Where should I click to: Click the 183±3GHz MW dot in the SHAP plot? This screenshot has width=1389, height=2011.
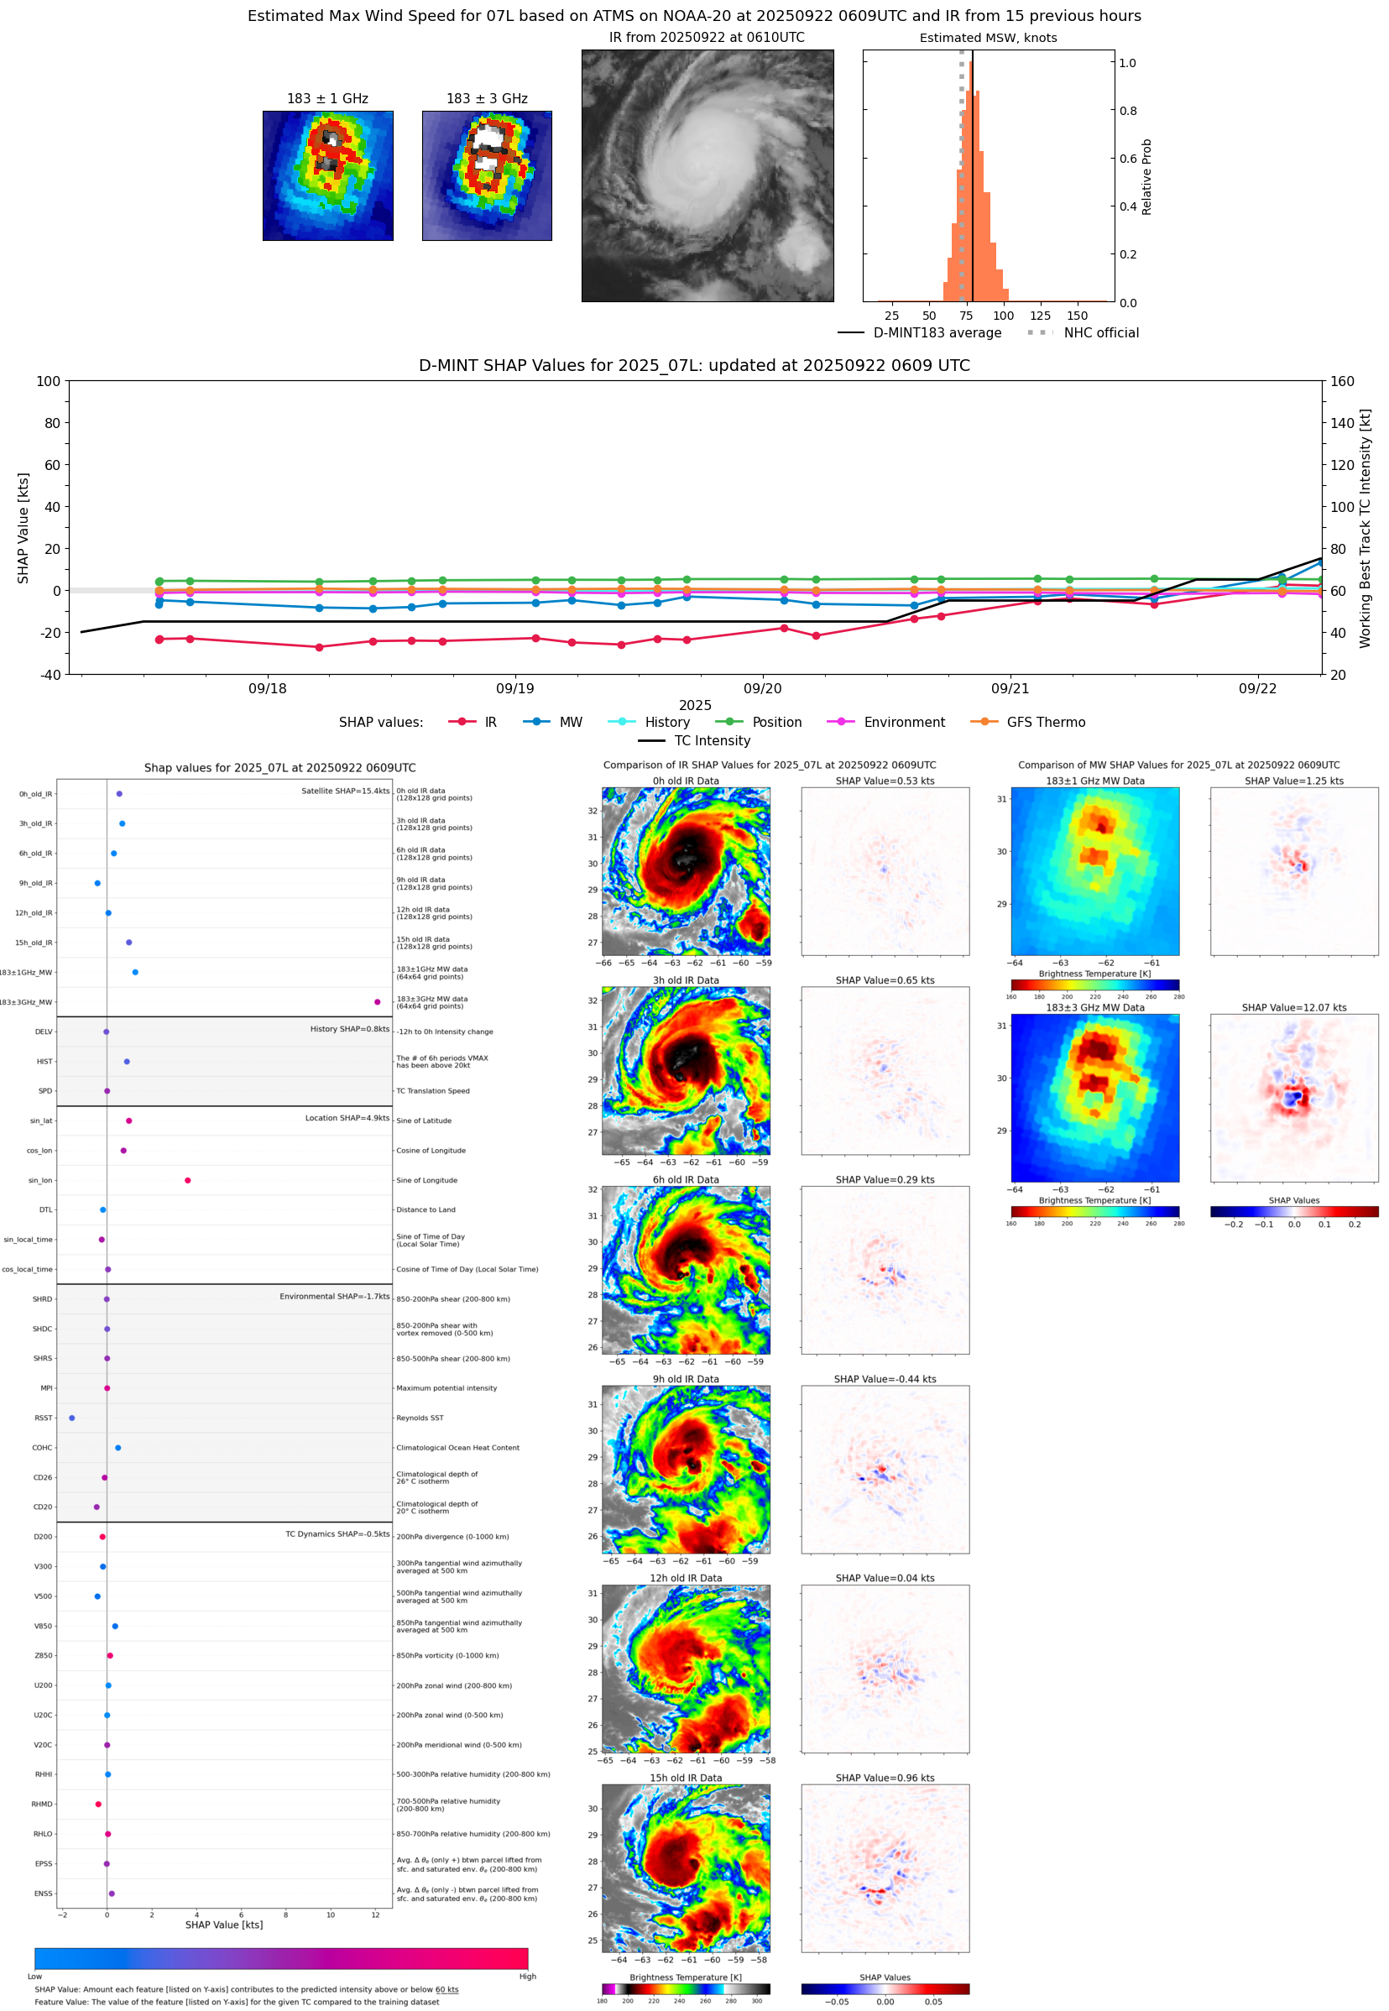377,1001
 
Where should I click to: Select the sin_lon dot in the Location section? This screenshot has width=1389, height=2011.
188,1180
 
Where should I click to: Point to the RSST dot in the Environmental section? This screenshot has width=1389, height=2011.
71,1418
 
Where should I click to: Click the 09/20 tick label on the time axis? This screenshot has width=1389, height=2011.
762,688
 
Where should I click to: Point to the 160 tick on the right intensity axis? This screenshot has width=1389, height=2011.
1342,381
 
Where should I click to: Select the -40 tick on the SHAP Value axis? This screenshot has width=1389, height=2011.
50,675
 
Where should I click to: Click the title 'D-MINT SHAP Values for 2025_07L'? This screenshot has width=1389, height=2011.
693,365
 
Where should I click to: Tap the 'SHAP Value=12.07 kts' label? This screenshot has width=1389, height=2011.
1293,1008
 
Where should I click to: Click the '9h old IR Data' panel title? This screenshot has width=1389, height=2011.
686,1379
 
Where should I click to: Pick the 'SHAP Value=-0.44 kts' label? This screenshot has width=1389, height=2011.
885,1379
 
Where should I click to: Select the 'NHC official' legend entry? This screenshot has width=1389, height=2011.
1100,332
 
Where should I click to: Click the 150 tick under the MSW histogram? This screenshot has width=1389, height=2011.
1077,316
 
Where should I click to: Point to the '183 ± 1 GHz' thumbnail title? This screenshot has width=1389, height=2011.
327,99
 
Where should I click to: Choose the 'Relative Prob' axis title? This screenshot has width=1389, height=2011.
1146,176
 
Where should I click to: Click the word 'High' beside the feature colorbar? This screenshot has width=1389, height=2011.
527,1977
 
